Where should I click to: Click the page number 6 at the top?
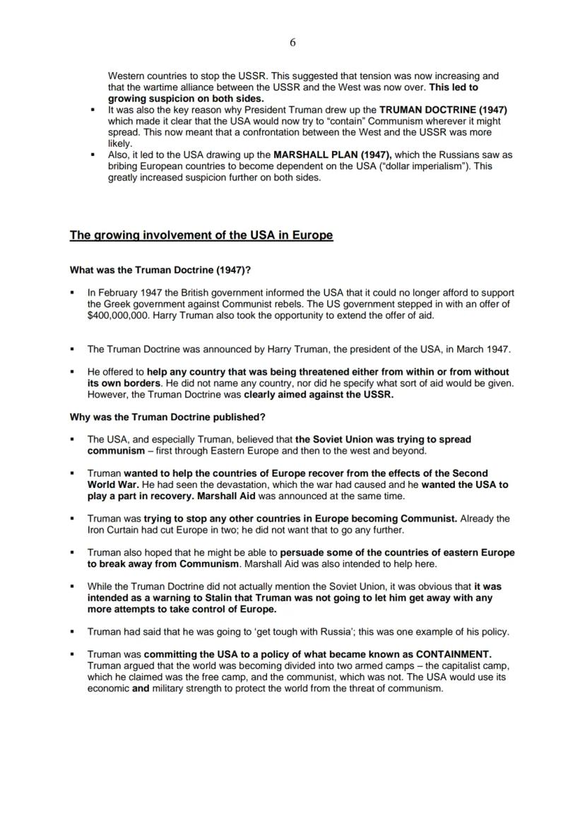[x=292, y=42]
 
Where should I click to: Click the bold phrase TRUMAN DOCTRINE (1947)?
[x=443, y=110]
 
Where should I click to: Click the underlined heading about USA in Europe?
[x=201, y=235]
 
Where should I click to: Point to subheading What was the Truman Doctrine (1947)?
[x=160, y=270]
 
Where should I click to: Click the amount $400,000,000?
[x=117, y=315]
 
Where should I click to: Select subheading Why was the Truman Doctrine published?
[x=167, y=417]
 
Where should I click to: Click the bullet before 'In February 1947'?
[x=72, y=292]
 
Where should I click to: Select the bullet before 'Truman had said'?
[x=72, y=631]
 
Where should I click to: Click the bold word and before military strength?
[x=141, y=689]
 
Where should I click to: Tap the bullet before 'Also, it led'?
[x=93, y=154]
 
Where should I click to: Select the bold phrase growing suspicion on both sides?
[x=186, y=99]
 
